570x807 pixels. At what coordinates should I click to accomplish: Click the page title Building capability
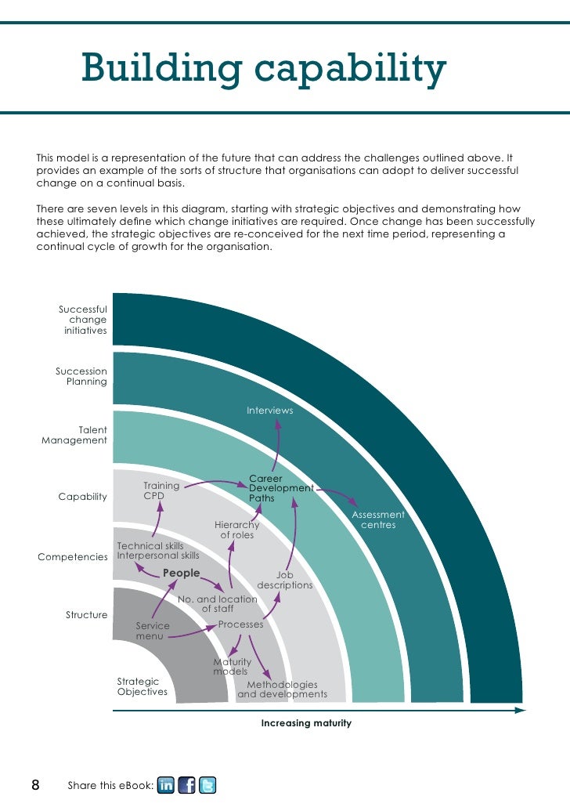click(264, 69)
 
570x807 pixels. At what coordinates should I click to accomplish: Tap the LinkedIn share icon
click(166, 785)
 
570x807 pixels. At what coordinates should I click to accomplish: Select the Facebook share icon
click(186, 785)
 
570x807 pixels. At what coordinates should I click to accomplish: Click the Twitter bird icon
click(207, 785)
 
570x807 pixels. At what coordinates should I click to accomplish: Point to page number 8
click(35, 785)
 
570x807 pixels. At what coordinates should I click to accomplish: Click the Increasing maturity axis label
click(306, 723)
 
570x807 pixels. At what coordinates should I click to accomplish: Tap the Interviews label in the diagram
click(269, 411)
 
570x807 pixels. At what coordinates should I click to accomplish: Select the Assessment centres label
click(378, 519)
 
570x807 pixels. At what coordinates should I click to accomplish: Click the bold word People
click(181, 573)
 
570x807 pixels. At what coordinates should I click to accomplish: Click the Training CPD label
click(161, 490)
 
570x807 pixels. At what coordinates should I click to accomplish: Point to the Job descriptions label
click(285, 580)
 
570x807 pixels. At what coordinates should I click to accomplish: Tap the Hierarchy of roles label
click(237, 530)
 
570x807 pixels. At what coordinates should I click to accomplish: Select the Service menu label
click(152, 631)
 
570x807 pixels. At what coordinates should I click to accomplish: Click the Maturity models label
click(232, 667)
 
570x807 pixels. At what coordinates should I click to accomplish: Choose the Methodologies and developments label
click(282, 689)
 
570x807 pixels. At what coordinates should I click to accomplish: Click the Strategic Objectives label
click(142, 687)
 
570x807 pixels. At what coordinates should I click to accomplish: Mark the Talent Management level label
click(74, 435)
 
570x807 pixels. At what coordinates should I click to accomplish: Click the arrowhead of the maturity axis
click(521, 710)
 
